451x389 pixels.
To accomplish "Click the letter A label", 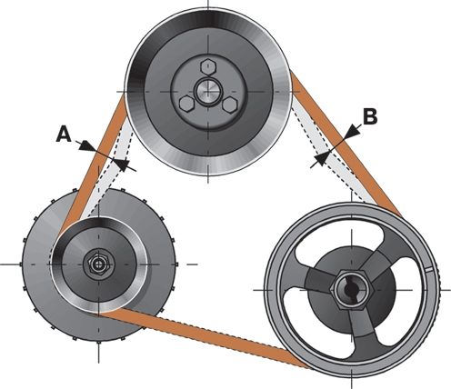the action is (x=64, y=135).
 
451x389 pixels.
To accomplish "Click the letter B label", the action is (x=370, y=116).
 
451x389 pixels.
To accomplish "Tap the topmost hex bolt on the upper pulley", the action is (x=208, y=66).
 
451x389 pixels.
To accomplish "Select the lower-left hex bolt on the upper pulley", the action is (x=186, y=104).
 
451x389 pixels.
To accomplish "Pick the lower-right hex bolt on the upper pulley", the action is (x=229, y=105).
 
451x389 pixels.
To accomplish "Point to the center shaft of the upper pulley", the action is (x=207, y=90).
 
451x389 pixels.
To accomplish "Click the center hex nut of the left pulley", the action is (x=97, y=264).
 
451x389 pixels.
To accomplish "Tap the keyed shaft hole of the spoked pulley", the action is (x=352, y=289).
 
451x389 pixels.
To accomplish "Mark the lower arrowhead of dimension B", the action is (x=321, y=158).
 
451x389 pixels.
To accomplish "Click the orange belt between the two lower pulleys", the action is (x=200, y=336).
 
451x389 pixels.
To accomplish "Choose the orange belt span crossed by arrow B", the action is (x=346, y=143).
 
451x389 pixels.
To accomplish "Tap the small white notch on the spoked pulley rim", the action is (x=428, y=268).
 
